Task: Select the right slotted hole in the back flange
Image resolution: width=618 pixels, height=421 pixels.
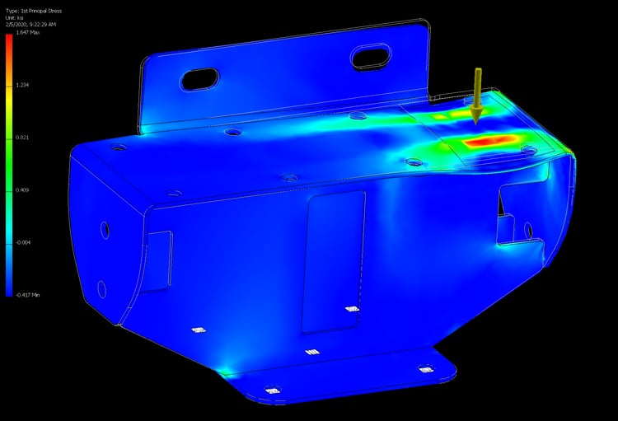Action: tap(370, 58)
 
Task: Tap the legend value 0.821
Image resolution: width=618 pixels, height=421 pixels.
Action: tap(22, 138)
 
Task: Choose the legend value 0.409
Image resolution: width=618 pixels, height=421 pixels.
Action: tap(22, 189)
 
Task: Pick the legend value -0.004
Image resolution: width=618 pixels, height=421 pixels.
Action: tap(23, 241)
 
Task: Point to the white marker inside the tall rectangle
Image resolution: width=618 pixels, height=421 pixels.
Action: tap(351, 309)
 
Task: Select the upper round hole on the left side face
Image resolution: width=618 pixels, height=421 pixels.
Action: tap(105, 228)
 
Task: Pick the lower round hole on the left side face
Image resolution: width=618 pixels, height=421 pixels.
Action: tap(101, 288)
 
